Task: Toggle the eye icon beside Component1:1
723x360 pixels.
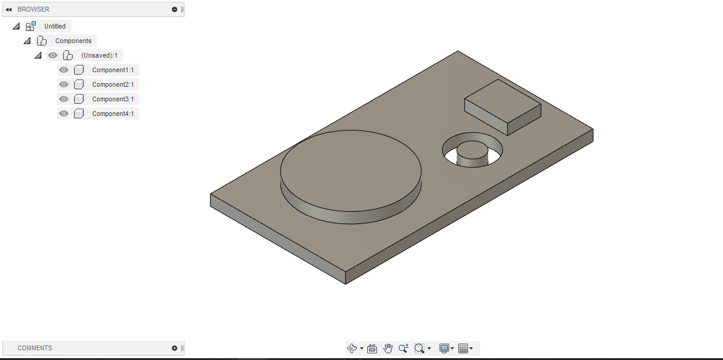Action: pyautogui.click(x=64, y=70)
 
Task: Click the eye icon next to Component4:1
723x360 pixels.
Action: pyautogui.click(x=64, y=114)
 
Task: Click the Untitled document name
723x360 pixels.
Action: pyautogui.click(x=55, y=26)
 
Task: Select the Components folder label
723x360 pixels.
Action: pyautogui.click(x=73, y=41)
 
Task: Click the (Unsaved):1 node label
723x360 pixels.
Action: pyautogui.click(x=99, y=55)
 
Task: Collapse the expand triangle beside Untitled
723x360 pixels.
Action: pyautogui.click(x=16, y=26)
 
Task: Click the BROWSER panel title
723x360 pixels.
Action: pyautogui.click(x=33, y=9)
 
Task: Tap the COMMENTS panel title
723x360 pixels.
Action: pyautogui.click(x=35, y=348)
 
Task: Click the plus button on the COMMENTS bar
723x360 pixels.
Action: pyautogui.click(x=175, y=348)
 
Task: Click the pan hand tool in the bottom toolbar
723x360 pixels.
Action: pyautogui.click(x=388, y=348)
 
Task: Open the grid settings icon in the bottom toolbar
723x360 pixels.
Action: pyautogui.click(x=463, y=348)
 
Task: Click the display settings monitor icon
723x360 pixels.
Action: pyautogui.click(x=444, y=348)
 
